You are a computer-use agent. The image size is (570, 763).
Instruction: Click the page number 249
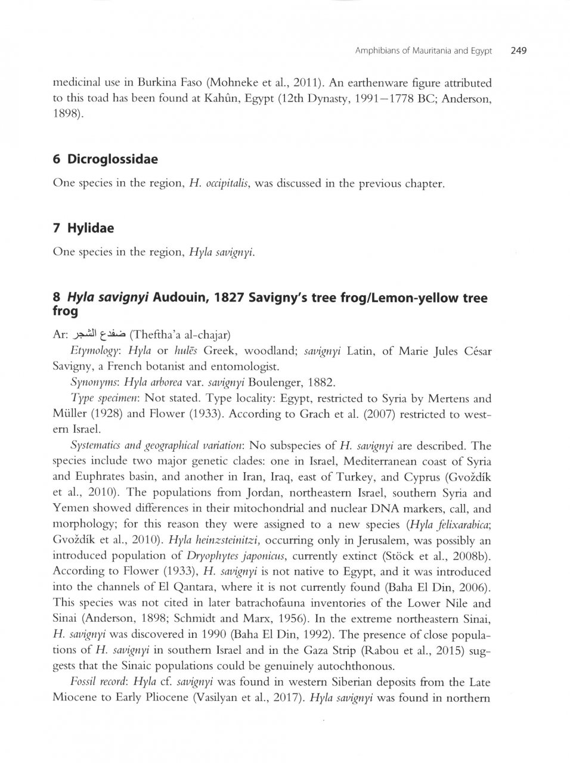click(518, 51)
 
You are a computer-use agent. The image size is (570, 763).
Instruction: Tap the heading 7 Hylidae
click(83, 228)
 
